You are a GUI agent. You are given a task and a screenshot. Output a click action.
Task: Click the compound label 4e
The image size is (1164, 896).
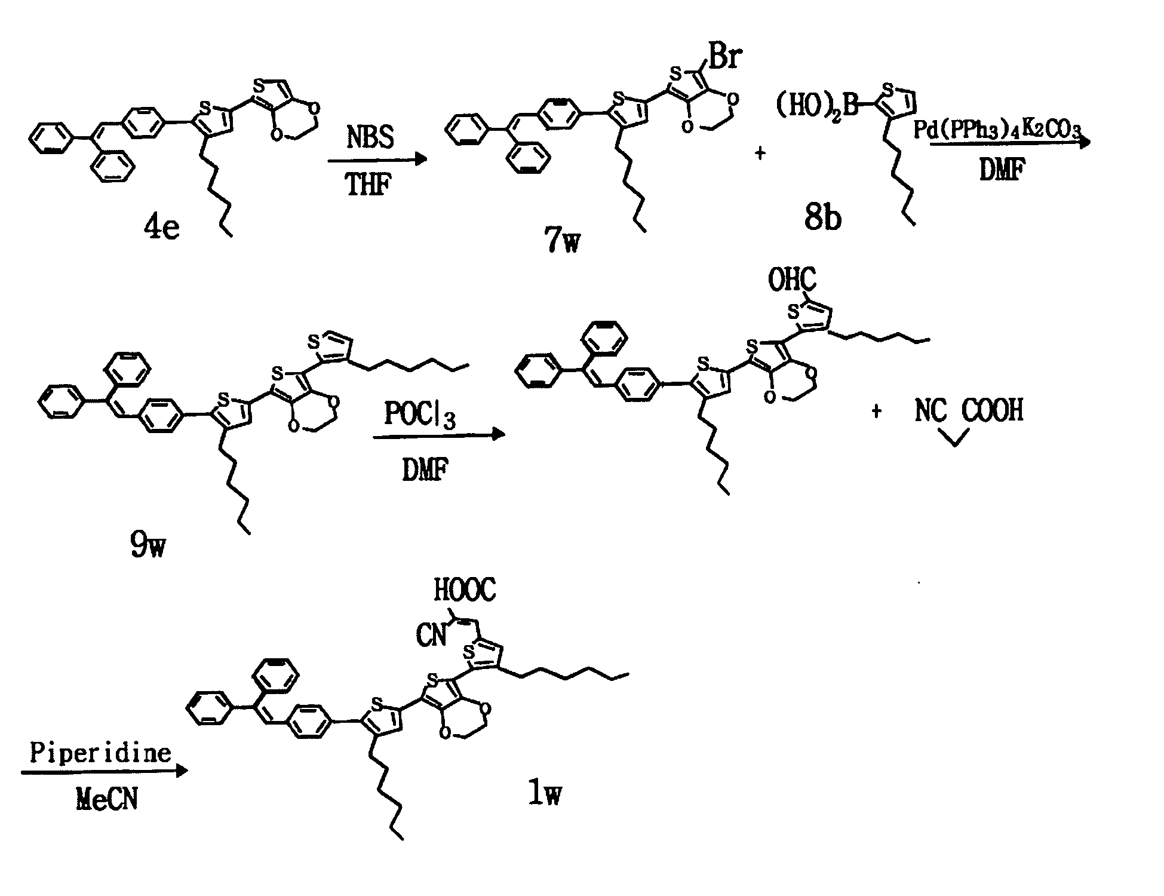click(161, 228)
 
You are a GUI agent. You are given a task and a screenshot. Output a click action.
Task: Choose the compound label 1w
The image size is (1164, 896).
click(545, 793)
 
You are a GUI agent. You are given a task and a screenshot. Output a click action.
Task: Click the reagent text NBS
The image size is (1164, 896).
click(370, 137)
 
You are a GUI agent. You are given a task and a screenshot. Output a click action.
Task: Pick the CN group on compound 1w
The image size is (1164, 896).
click(432, 635)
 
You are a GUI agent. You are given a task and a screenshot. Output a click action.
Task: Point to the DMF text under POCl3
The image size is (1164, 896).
click(425, 472)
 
